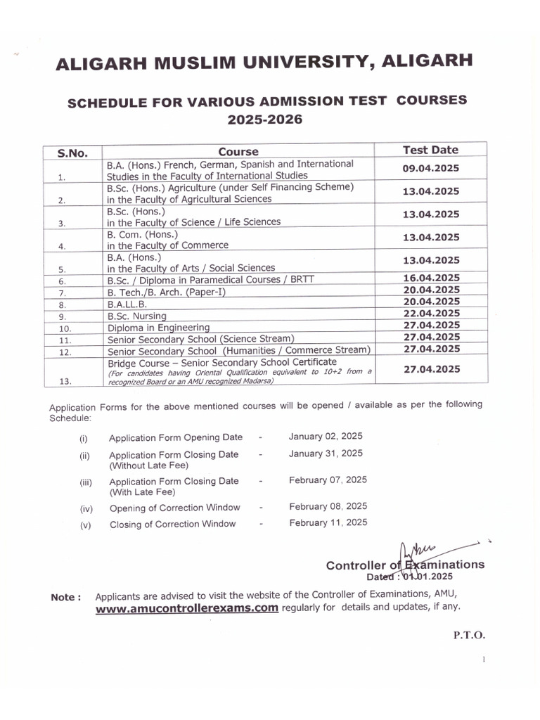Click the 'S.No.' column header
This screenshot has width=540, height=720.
pyautogui.click(x=72, y=153)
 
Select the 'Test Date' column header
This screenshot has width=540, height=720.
pyautogui.click(x=430, y=150)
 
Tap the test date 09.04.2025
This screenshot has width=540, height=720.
pyautogui.click(x=430, y=169)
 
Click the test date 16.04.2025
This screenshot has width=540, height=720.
pyautogui.click(x=431, y=278)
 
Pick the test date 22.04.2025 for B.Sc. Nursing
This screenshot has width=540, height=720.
pyautogui.click(x=431, y=314)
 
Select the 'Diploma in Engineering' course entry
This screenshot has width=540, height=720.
pyautogui.click(x=158, y=328)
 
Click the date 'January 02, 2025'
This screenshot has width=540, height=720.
pyautogui.click(x=326, y=437)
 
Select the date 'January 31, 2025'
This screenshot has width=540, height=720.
pyautogui.click(x=326, y=454)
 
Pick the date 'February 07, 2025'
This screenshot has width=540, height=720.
pyautogui.click(x=327, y=480)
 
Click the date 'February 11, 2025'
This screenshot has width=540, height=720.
pyautogui.click(x=328, y=522)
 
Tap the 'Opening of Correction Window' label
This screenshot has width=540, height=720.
pyautogui.click(x=174, y=508)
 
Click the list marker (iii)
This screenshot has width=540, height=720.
pyautogui.click(x=85, y=483)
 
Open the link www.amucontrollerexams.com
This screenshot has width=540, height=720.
pyautogui.click(x=187, y=609)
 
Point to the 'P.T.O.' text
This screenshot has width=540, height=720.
pyautogui.click(x=469, y=635)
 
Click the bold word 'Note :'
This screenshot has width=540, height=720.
pyautogui.click(x=66, y=598)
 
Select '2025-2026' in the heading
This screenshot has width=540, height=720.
pyautogui.click(x=264, y=120)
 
